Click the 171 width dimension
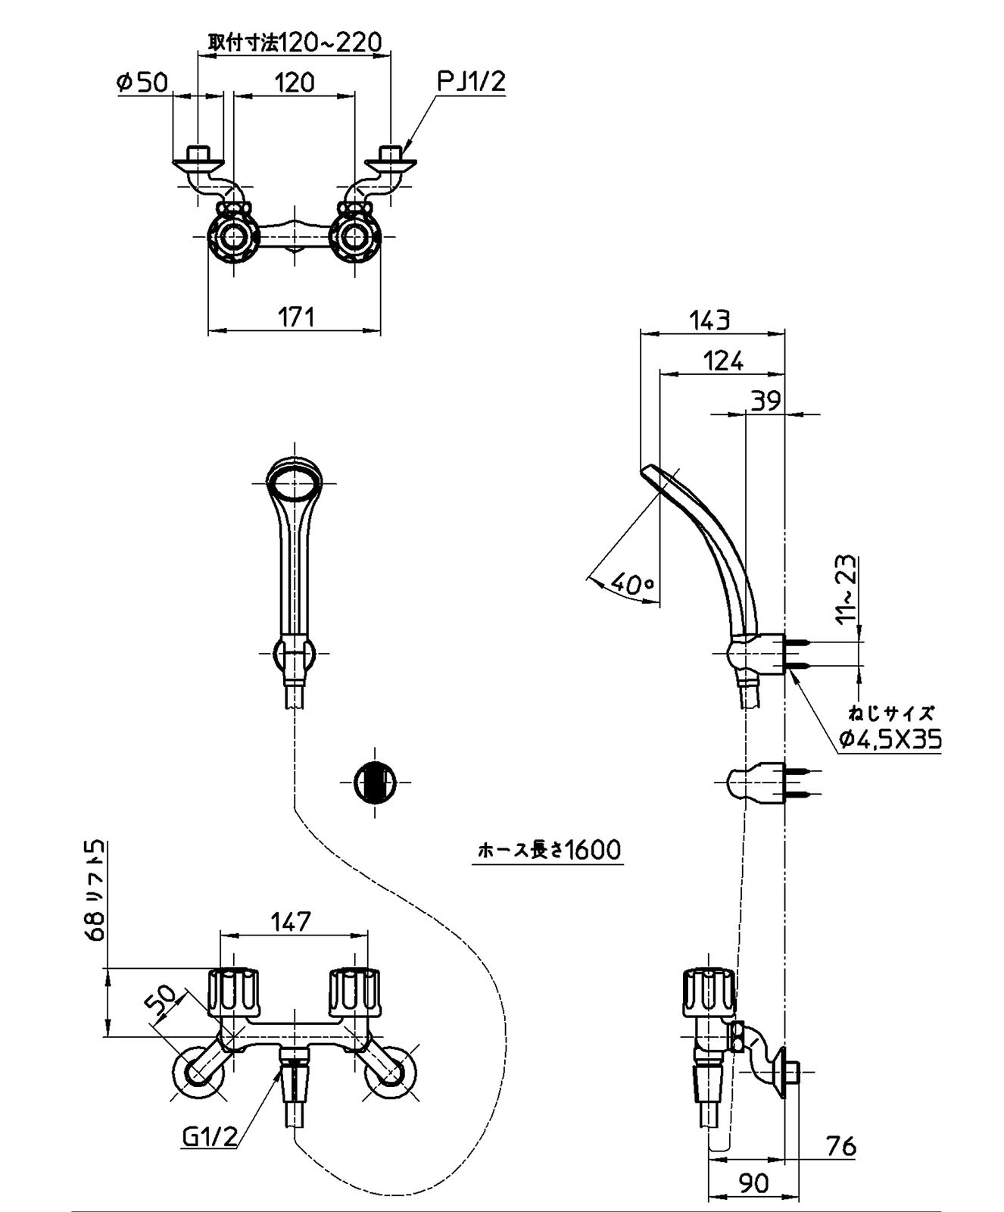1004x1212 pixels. (x=295, y=316)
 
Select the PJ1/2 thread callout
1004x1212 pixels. (x=471, y=82)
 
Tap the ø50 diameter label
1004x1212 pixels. (x=143, y=82)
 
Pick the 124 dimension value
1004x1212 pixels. (x=722, y=361)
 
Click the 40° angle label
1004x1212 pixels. (x=632, y=583)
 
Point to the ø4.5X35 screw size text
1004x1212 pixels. (x=890, y=739)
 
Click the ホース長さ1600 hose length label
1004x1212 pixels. (x=549, y=850)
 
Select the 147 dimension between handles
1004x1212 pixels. (x=291, y=921)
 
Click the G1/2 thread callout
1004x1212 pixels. (x=210, y=1135)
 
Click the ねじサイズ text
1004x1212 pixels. (x=890, y=713)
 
